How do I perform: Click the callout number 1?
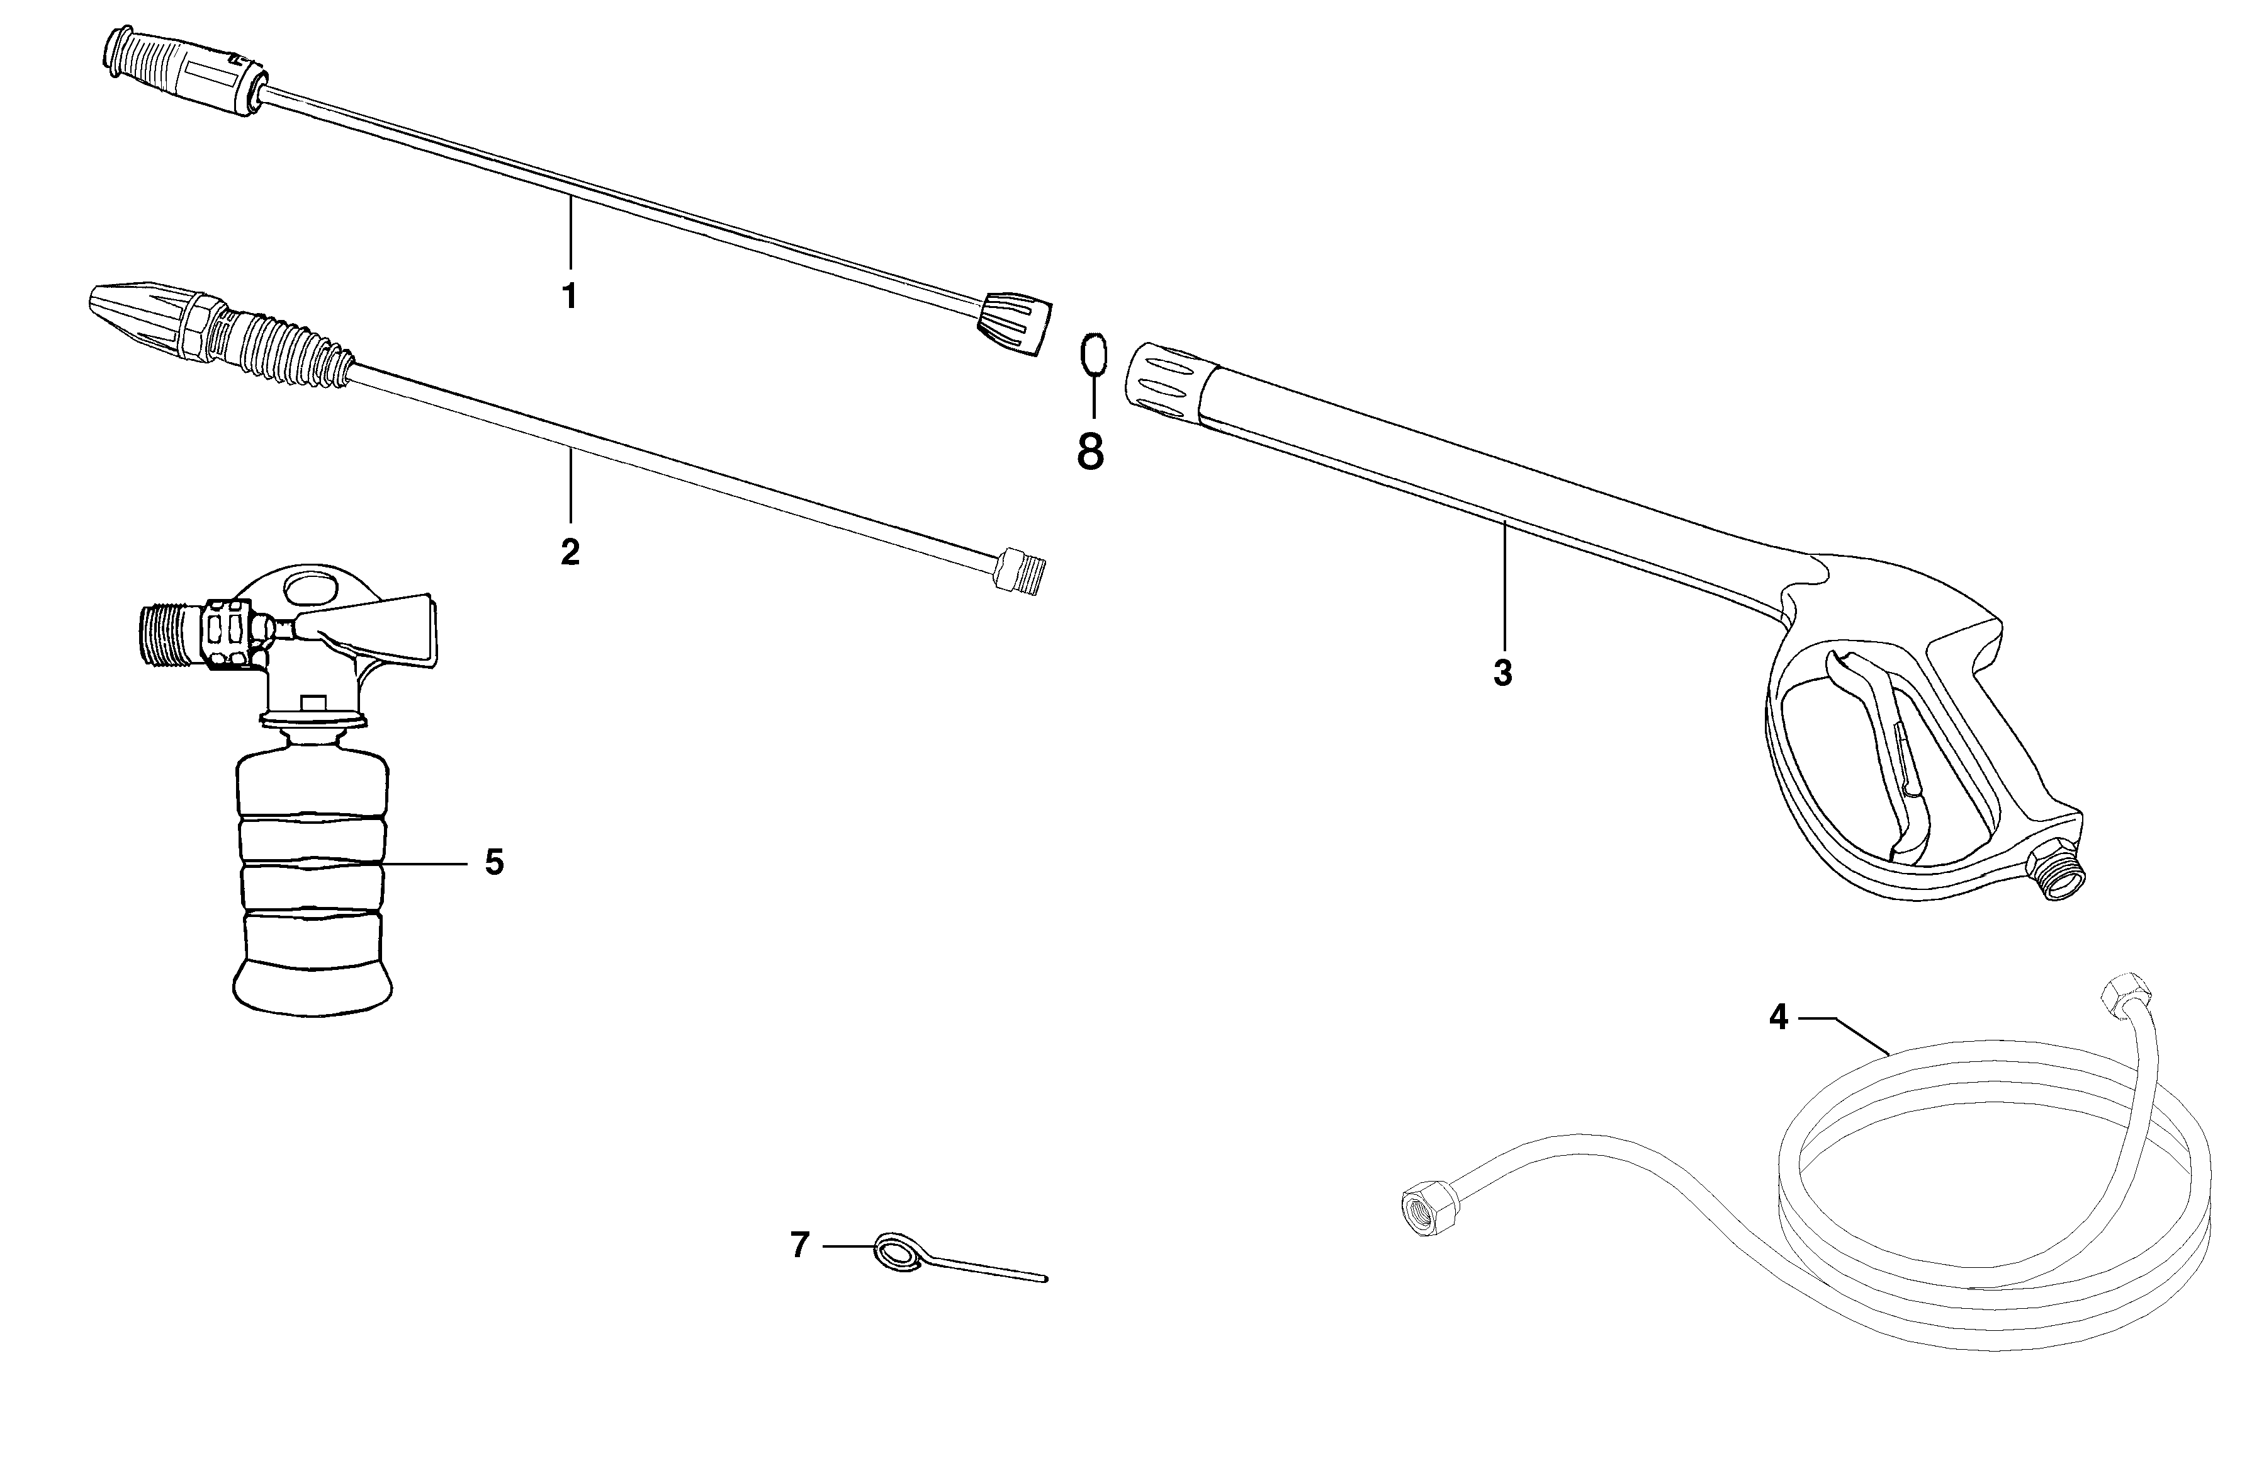point(569,295)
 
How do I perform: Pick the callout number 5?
point(493,862)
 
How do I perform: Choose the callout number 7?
point(799,1246)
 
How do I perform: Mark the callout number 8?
point(1090,452)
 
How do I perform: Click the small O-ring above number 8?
point(1093,356)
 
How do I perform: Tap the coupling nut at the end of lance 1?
point(1013,324)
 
